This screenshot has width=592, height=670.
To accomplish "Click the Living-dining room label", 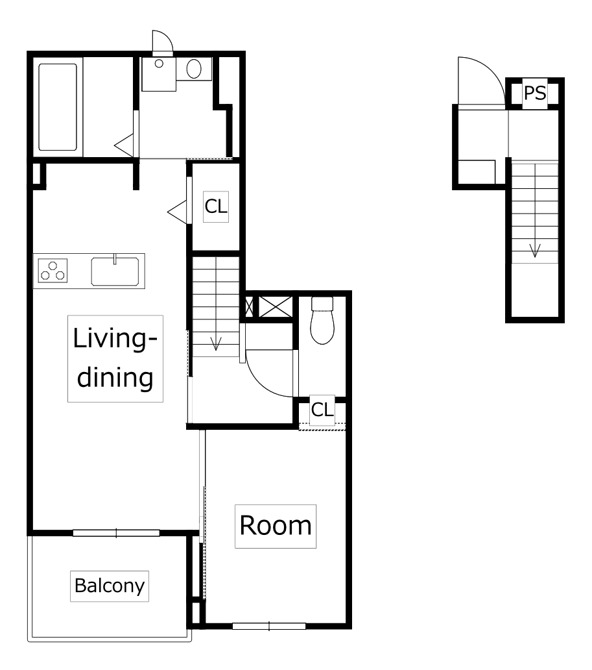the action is (115, 358).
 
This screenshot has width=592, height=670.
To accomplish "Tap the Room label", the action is (276, 526).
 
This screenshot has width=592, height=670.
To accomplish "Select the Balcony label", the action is (110, 586).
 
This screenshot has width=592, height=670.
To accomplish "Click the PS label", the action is (534, 93).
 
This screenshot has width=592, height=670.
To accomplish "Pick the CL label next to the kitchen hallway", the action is (215, 207).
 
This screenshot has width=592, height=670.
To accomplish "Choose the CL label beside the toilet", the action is (322, 410).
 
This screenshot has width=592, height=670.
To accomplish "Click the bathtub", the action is (58, 107).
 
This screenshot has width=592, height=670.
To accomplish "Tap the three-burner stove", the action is (53, 271).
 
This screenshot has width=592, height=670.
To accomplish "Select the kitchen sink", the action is (115, 271).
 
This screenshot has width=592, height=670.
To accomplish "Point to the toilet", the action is (322, 321).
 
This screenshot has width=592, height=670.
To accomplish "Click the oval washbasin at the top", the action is (194, 68).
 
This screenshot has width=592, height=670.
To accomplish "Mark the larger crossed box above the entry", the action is (276, 307).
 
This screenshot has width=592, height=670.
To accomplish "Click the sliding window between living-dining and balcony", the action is (116, 533).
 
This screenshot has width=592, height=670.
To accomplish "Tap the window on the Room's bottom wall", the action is (269, 627).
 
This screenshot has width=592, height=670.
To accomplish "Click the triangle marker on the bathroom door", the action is (124, 145).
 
